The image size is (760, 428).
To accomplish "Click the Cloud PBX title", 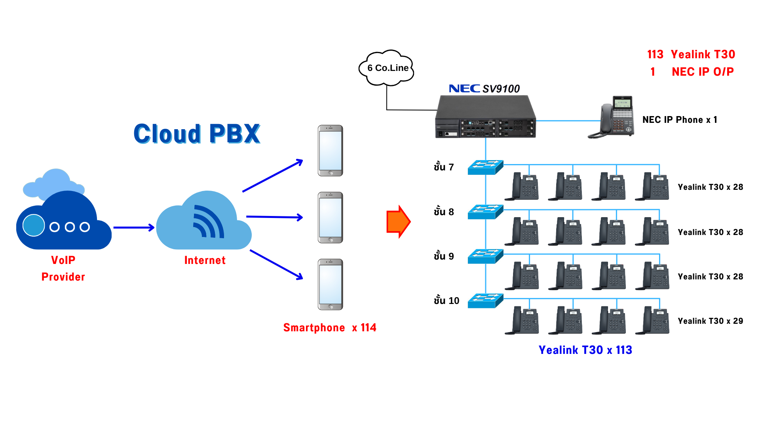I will tap(197, 134).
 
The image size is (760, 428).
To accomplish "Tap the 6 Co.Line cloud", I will tap(387, 68).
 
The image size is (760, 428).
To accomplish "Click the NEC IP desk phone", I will tap(612, 117).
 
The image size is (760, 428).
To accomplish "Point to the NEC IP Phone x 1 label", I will tap(680, 120).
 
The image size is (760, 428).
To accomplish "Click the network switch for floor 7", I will tap(485, 167).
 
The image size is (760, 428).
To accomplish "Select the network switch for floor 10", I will tap(485, 301).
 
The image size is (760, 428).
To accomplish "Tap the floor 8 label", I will tap(444, 212).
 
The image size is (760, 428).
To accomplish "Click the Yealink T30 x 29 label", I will tap(710, 321).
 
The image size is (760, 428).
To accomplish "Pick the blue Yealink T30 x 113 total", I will tap(585, 350).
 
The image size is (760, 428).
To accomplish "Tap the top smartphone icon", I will tap(331, 151).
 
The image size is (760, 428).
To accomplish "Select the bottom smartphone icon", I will tap(331, 285).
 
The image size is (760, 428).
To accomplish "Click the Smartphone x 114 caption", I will tap(330, 328).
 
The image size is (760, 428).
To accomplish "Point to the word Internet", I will tap(205, 260).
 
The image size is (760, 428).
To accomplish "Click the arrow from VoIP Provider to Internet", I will tap(133, 227).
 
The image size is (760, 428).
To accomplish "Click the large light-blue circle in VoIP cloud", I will tap(34, 225).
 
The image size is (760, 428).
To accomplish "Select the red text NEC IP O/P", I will tap(703, 72).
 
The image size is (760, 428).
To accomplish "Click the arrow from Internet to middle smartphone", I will tap(274, 217).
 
